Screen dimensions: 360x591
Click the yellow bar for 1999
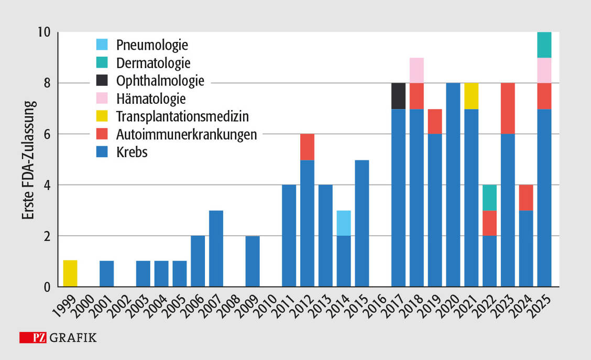70,274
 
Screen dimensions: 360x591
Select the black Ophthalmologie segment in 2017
399,96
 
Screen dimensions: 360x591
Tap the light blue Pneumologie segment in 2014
344,223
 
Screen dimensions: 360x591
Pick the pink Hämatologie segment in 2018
417,70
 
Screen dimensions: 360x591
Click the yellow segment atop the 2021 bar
472,96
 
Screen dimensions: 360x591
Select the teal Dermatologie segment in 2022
490,198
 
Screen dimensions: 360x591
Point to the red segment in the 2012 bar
308,147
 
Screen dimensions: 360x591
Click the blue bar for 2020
453,185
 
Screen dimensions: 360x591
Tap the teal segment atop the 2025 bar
544,45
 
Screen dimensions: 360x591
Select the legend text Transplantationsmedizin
182,116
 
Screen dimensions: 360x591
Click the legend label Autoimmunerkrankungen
187,134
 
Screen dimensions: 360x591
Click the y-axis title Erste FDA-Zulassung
27,159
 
